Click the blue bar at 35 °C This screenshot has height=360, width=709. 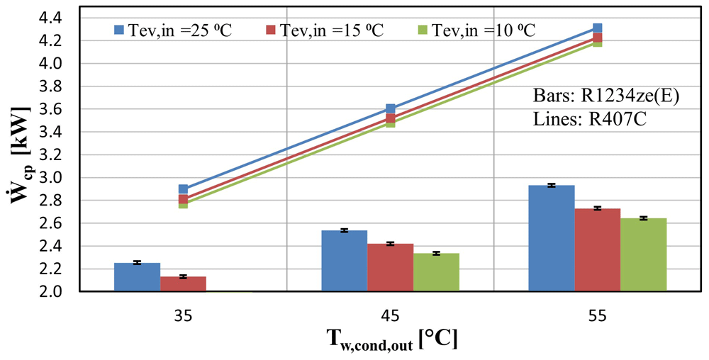137,277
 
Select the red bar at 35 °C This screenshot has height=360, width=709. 183,284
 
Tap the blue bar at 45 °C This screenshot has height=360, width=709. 344,261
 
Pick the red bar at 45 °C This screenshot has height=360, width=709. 390,268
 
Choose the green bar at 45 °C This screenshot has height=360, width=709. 436,272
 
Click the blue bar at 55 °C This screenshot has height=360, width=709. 552,239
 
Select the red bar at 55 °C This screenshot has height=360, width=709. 598,250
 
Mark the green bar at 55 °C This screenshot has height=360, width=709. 644,254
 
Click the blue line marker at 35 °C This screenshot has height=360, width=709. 183,189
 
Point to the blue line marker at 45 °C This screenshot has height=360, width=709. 390,108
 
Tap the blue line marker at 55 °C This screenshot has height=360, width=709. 597,28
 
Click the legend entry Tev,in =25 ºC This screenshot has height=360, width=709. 173,30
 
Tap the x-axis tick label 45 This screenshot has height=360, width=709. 390,316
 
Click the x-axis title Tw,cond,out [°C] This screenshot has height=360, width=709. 391,340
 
